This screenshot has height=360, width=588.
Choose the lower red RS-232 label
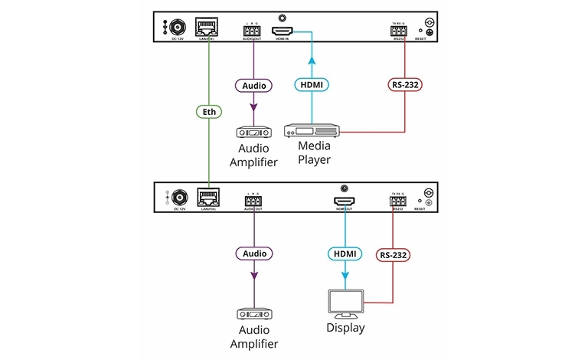(391, 254)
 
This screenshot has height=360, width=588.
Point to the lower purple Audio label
(252, 254)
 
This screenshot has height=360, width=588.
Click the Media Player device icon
(311, 131)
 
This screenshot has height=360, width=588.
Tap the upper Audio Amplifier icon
(252, 131)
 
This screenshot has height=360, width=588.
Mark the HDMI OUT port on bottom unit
(342, 201)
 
